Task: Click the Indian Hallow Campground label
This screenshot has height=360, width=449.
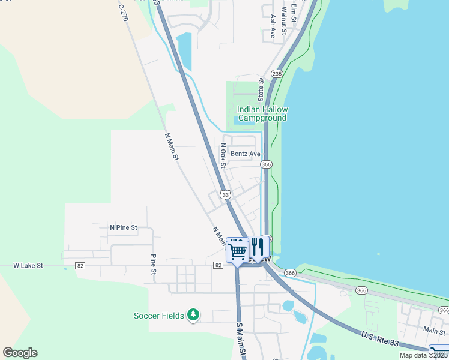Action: pyautogui.click(x=262, y=113)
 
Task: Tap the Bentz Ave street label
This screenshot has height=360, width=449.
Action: pyautogui.click(x=246, y=154)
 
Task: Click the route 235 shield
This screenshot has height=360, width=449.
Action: pyautogui.click(x=277, y=73)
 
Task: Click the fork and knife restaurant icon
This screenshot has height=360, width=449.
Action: pyautogui.click(x=258, y=247)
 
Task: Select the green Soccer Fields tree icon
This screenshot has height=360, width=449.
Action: pyautogui.click(x=193, y=314)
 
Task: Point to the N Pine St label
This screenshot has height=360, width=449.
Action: pyautogui.click(x=124, y=228)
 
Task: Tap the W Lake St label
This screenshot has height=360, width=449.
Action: pyautogui.click(x=29, y=265)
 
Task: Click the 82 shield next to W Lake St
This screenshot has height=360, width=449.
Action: pyautogui.click(x=80, y=265)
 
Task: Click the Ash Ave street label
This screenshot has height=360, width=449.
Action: pyautogui.click(x=272, y=26)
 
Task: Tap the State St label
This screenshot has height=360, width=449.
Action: pyautogui.click(x=261, y=89)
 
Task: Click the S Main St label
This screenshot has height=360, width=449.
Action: pyautogui.click(x=240, y=339)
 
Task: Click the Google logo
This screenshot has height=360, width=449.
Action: pyautogui.click(x=20, y=353)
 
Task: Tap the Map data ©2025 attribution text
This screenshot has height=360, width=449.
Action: pyautogui.click(x=423, y=355)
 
